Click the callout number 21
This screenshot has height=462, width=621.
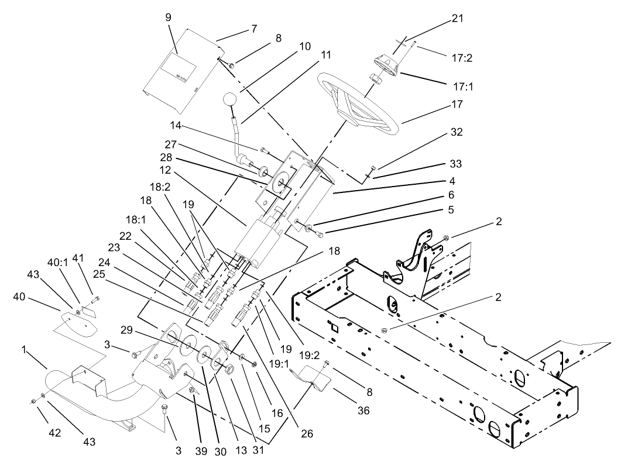[457, 19]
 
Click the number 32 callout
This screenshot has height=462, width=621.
[456, 132]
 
